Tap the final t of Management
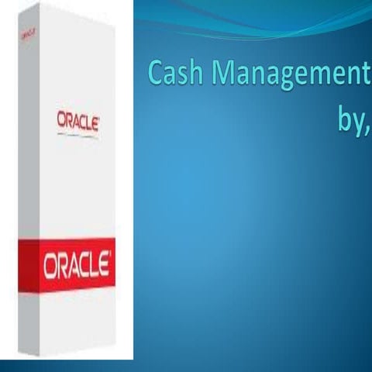[x=366, y=77]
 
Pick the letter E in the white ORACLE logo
[x=101, y=266]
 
